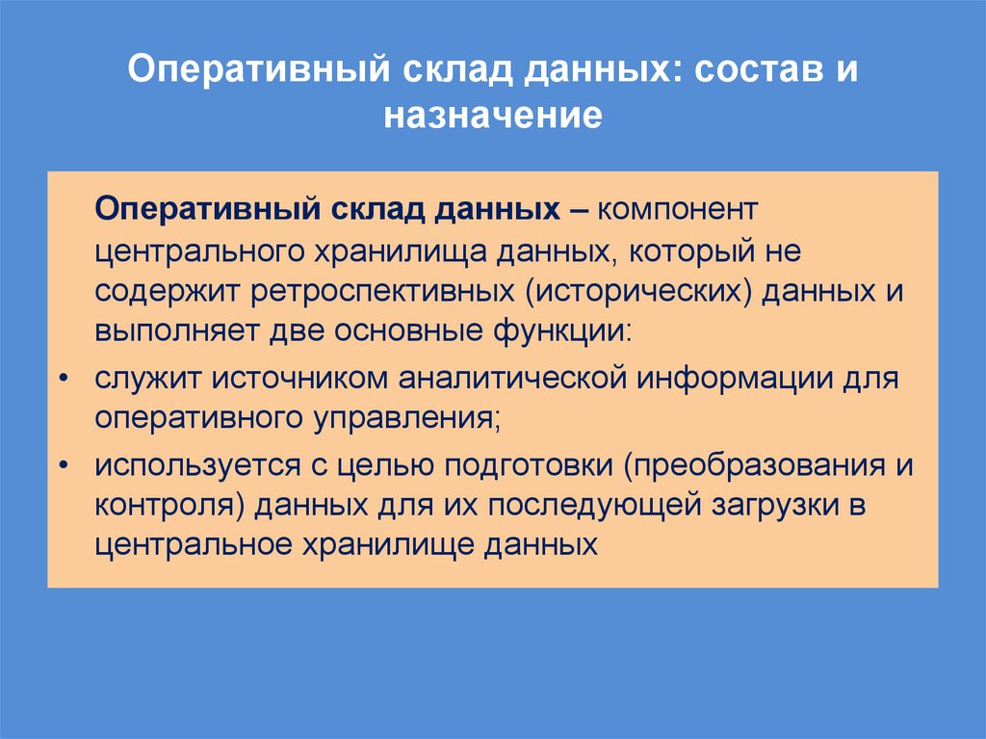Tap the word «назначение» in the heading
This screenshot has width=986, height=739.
coord(493,117)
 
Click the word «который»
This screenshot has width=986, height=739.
coord(691,251)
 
